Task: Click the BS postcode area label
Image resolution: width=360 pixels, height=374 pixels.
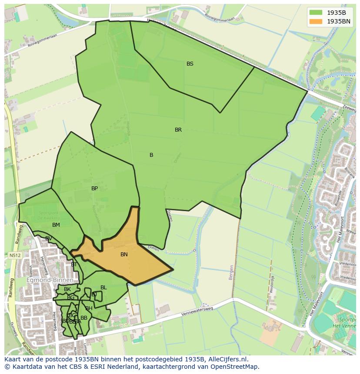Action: [190, 64]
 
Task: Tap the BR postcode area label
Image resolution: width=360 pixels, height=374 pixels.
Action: [178, 130]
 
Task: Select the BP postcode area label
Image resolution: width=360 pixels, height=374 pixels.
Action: [94, 189]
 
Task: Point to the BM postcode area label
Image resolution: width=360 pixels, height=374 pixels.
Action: [56, 225]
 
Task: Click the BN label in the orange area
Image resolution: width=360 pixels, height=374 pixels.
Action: [124, 255]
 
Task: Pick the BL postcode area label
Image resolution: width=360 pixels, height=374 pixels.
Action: [103, 288]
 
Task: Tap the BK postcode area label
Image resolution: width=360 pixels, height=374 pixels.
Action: [67, 289]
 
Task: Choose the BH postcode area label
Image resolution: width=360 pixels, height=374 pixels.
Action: [89, 308]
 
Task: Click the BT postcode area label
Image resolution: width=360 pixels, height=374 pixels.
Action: [74, 265]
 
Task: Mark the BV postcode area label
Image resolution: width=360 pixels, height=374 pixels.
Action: [49, 238]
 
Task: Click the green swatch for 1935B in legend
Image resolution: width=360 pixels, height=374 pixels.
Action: [316, 13]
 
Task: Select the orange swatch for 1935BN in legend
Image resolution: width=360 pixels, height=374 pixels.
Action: [316, 21]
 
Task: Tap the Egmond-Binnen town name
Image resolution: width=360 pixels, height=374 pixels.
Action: [50, 280]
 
